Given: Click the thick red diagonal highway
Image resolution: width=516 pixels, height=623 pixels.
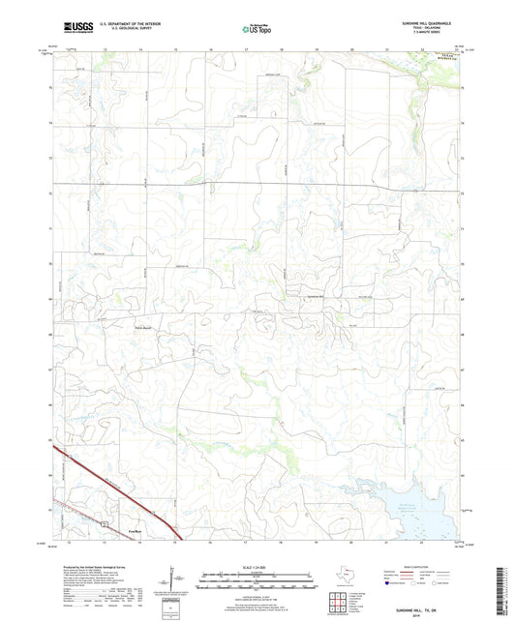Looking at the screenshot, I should [x=116, y=492].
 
